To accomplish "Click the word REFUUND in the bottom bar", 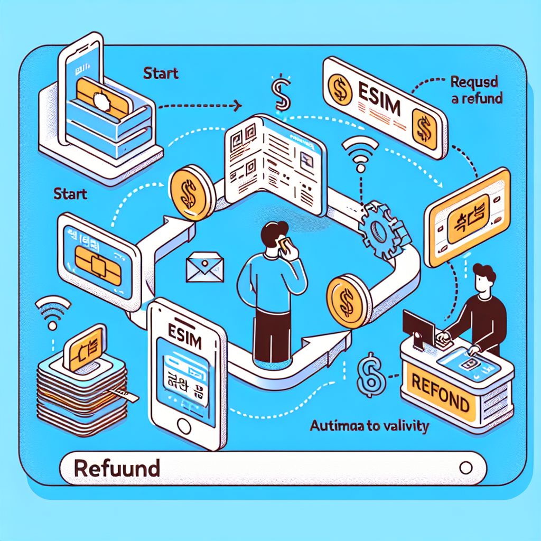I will (117, 468).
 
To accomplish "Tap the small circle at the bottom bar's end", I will (465, 468).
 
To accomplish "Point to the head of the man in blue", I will (275, 233).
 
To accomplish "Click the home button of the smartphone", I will (184, 425).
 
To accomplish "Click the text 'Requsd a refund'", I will (476, 90).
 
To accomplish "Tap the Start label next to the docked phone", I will (161, 72).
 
